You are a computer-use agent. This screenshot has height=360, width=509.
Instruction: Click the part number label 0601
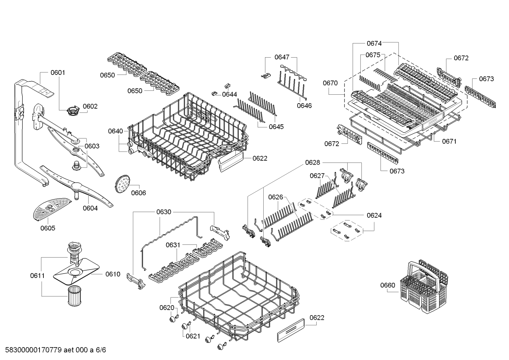click(58, 72)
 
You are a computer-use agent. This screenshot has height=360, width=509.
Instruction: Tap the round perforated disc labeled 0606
click(122, 184)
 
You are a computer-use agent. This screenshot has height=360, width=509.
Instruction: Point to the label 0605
click(48, 228)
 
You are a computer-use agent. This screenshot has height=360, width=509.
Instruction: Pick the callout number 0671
click(449, 141)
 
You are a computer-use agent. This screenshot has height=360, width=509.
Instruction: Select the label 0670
click(330, 83)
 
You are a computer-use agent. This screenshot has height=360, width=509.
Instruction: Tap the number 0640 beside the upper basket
click(115, 131)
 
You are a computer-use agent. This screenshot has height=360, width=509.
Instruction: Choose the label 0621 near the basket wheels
click(193, 336)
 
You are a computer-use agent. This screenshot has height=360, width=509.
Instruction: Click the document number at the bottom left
click(53, 350)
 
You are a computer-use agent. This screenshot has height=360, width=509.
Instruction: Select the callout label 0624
click(374, 215)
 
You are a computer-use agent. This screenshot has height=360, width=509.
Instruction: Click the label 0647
click(282, 57)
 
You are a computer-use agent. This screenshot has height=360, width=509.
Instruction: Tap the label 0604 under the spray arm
click(90, 208)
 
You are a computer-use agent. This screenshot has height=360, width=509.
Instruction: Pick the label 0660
click(388, 285)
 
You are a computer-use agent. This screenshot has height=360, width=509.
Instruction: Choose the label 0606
click(138, 193)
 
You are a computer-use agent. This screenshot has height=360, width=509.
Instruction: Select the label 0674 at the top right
click(374, 43)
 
